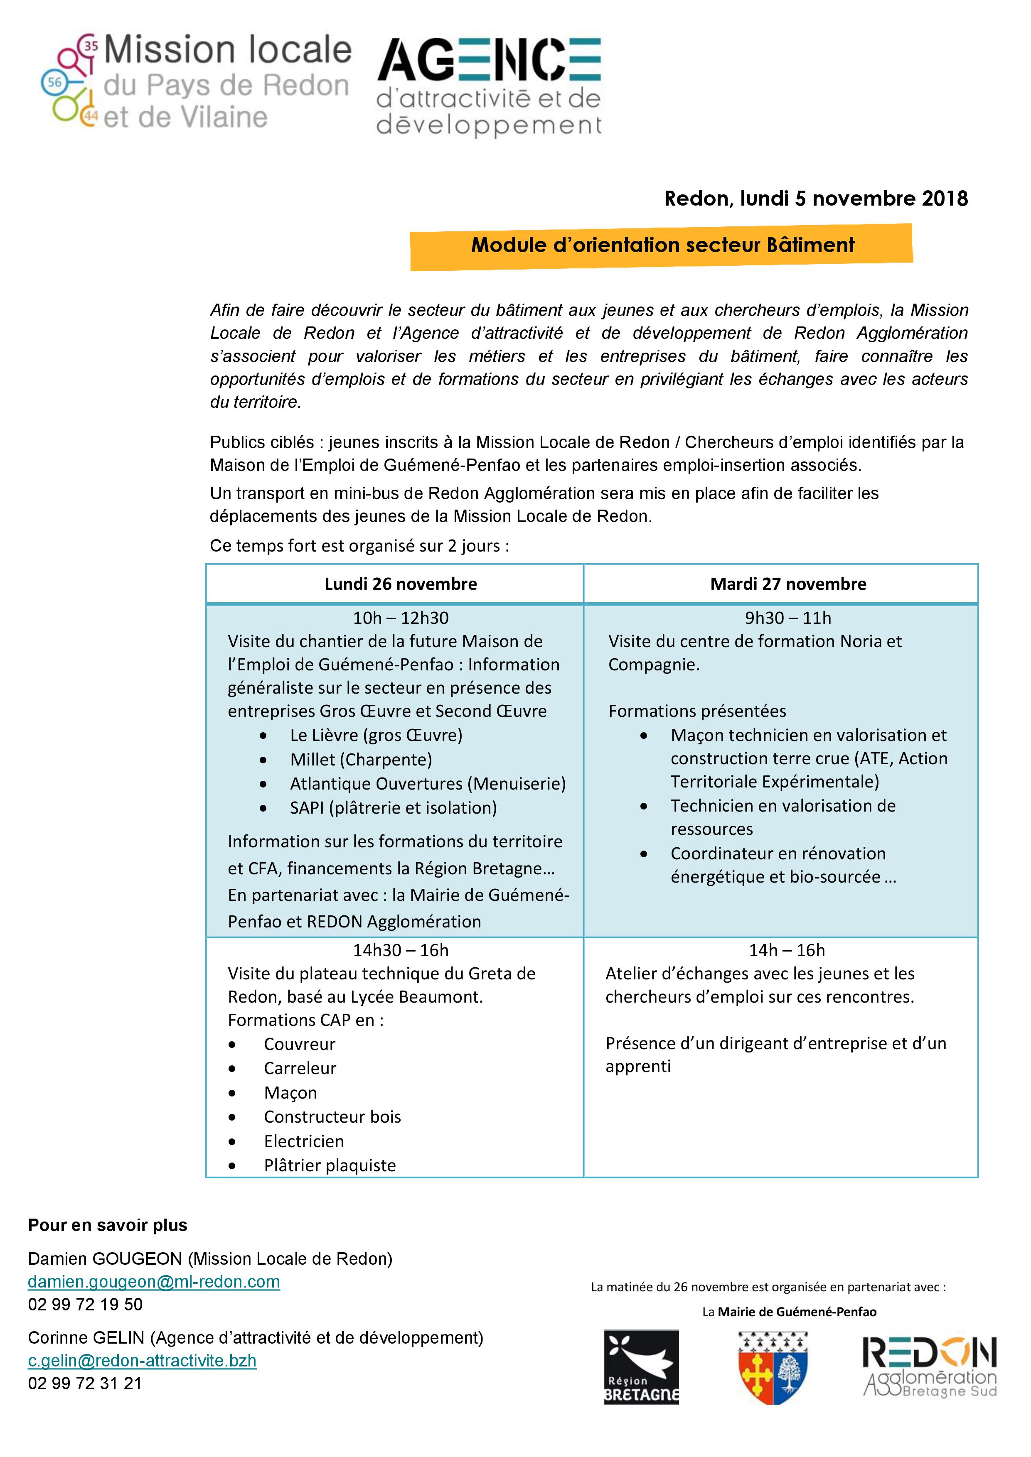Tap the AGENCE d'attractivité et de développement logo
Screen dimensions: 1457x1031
(489, 86)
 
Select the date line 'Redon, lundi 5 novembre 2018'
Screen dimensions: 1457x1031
(816, 199)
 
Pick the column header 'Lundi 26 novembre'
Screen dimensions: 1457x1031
(401, 584)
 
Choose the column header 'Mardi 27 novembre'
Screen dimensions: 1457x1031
(788, 584)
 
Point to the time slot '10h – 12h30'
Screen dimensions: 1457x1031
(401, 618)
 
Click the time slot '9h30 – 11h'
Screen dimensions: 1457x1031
(788, 618)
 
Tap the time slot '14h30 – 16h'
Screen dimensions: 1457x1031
(401, 950)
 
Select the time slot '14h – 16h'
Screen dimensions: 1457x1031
(787, 950)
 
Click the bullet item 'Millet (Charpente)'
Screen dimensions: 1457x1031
(361, 760)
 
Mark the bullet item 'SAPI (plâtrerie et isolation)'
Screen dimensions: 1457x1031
(393, 808)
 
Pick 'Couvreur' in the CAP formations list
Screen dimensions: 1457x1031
(299, 1044)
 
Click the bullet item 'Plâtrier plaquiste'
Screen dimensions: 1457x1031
(330, 1165)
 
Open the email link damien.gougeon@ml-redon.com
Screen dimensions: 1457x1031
(154, 1281)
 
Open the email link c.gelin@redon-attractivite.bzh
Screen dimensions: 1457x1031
(142, 1361)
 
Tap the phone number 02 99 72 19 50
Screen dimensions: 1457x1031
(85, 1304)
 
